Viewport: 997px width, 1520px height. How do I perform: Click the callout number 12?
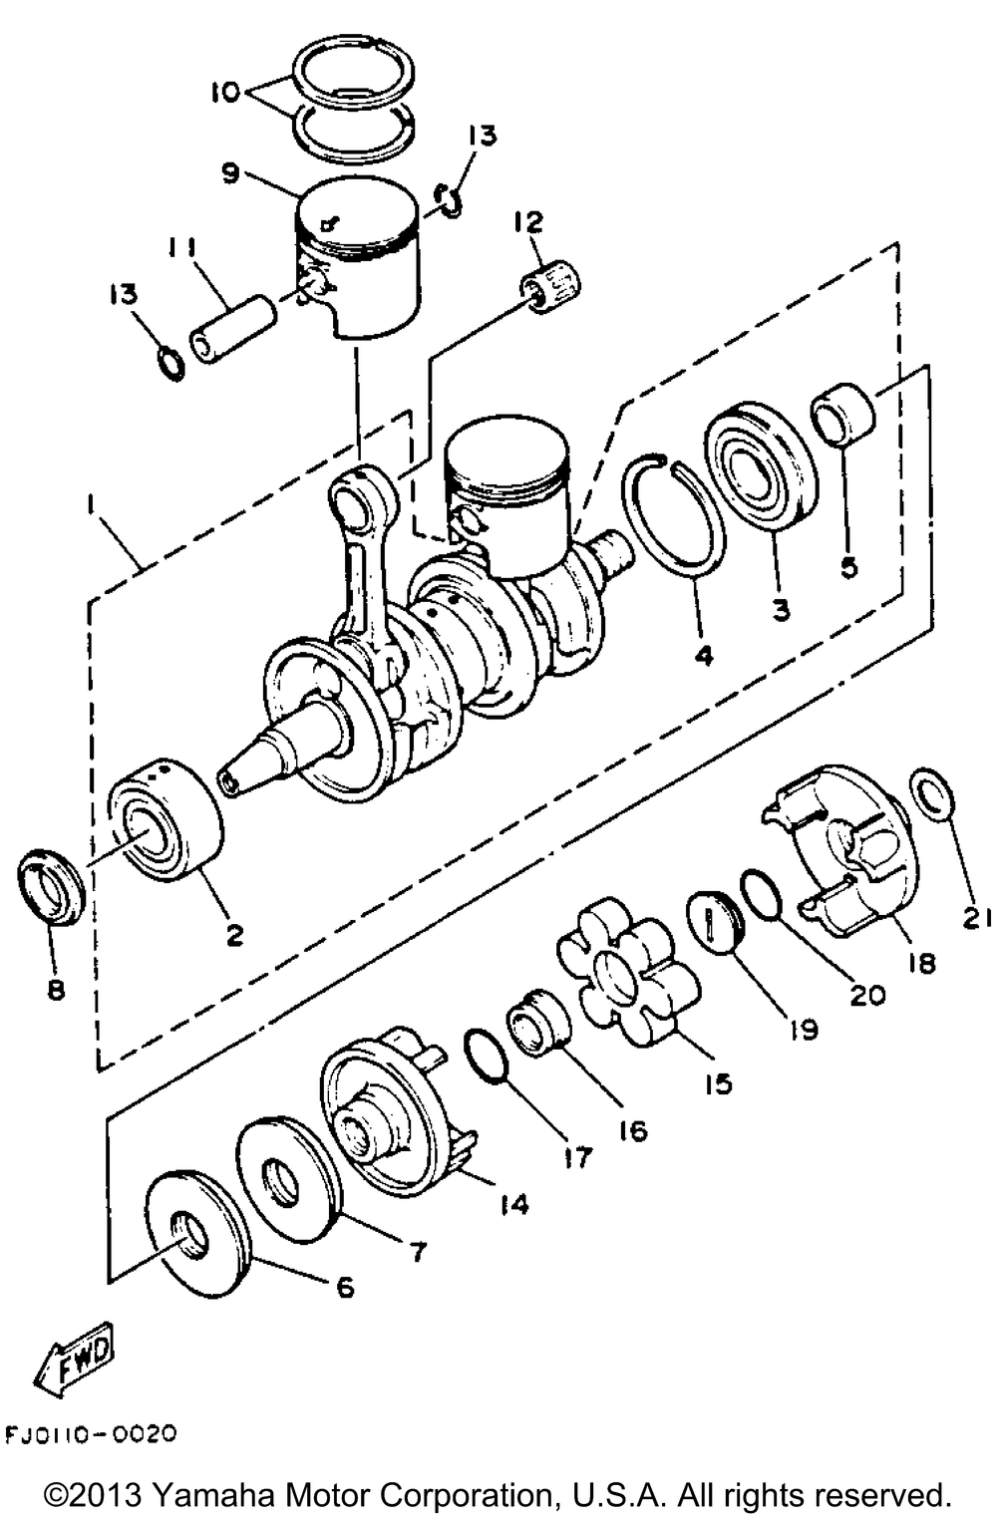click(528, 222)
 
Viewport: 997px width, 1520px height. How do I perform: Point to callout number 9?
click(230, 173)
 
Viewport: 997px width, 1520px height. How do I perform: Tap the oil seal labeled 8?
click(51, 886)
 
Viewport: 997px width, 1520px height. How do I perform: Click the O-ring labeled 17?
click(486, 1056)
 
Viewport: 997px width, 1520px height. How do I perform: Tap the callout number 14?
click(514, 1205)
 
